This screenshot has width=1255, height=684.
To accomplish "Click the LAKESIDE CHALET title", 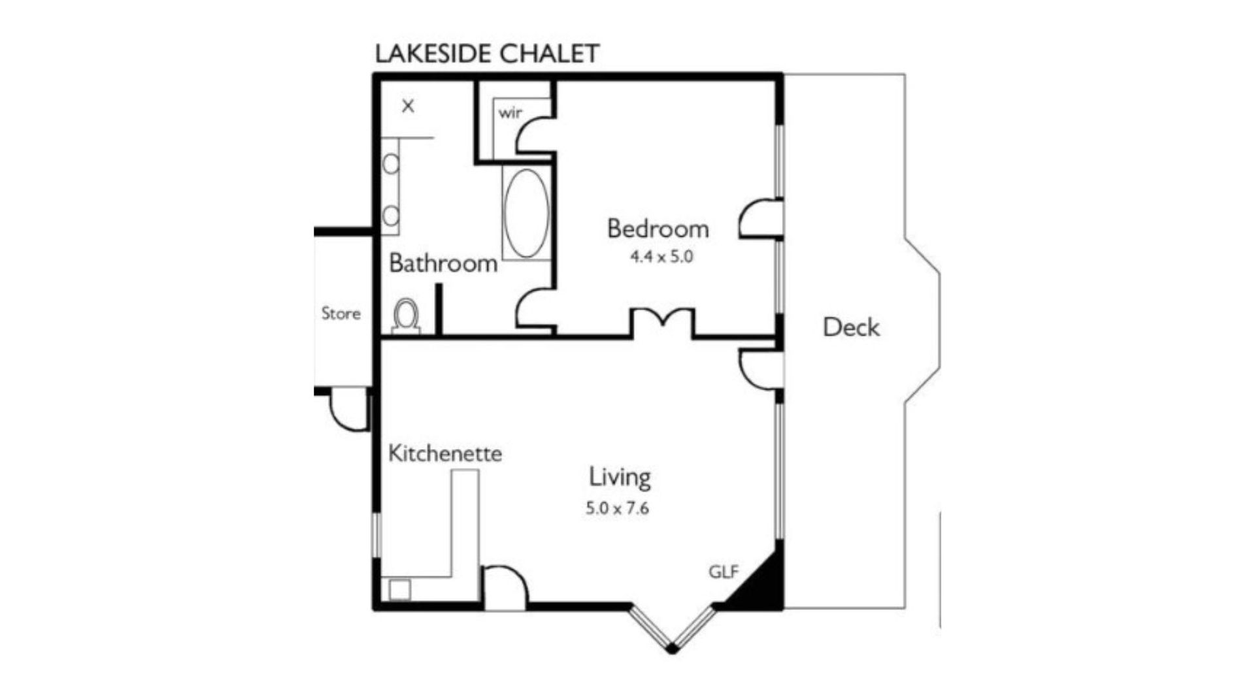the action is tap(487, 54).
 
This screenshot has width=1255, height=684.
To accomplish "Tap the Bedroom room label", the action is tap(658, 229).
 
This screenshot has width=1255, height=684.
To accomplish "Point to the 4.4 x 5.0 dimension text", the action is tap(661, 257).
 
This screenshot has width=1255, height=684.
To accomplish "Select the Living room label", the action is tap(620, 477).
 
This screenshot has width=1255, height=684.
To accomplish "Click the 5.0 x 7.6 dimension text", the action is tap(617, 508).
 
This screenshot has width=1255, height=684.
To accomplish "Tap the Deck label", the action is tap(851, 327).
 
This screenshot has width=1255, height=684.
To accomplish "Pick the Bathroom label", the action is tap(443, 263).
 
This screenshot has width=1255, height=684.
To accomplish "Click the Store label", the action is tap(341, 314).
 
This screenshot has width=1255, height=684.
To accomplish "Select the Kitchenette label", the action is tap(445, 453).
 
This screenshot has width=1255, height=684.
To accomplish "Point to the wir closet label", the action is tap(510, 113).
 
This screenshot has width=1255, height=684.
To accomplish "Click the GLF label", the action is tap(724, 572).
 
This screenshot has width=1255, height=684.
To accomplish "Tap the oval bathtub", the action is tap(526, 214).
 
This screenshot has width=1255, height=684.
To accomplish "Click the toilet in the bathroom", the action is tap(406, 316).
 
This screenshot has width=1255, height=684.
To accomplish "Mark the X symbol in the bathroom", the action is tap(408, 106).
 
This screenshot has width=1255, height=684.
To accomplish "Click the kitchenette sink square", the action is tap(399, 590).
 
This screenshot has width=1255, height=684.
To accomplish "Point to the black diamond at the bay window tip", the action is tap(672, 649).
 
